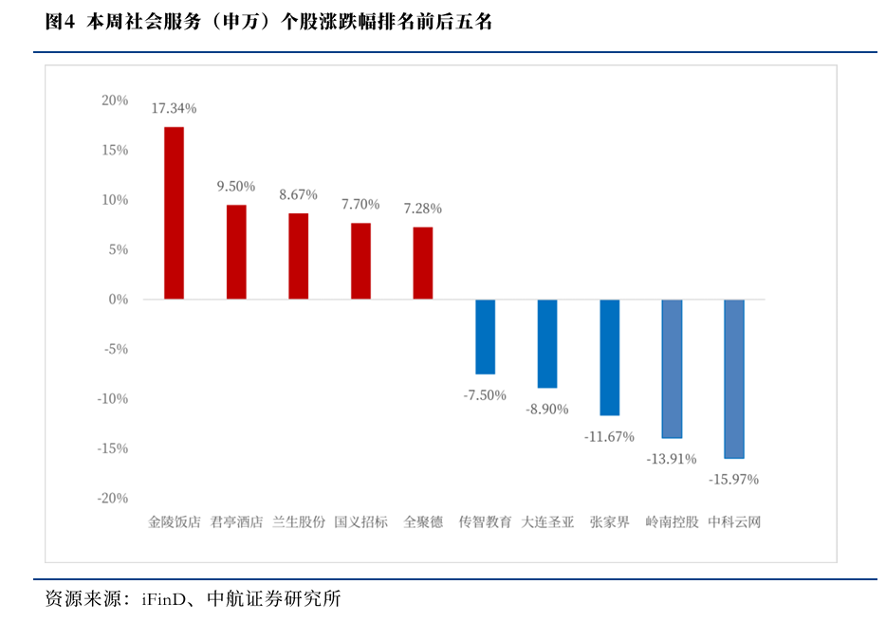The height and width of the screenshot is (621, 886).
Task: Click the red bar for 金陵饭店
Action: [174, 213]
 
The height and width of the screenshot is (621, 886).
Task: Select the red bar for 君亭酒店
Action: [236, 252]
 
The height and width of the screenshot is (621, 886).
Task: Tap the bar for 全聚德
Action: [423, 264]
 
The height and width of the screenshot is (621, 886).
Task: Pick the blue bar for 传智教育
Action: [485, 337]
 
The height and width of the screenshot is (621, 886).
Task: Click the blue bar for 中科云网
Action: [734, 379]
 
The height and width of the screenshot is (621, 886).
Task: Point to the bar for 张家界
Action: [609, 357]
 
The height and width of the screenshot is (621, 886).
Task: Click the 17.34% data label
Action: [174, 109]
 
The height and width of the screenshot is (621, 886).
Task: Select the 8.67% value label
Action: [298, 195]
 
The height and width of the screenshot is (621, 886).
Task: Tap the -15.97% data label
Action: [733, 480]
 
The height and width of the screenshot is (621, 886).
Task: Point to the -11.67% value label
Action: [609, 436]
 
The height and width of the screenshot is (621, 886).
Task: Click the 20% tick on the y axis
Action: [115, 100]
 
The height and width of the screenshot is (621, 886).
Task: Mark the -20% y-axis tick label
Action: [112, 499]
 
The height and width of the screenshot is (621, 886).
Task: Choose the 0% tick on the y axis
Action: [119, 300]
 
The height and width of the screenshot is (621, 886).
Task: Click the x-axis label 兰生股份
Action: [298, 521]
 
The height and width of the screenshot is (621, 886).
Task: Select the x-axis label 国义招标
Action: [360, 521]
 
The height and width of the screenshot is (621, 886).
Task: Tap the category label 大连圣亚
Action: [547, 521]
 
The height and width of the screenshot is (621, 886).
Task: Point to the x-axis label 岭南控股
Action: [672, 521]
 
